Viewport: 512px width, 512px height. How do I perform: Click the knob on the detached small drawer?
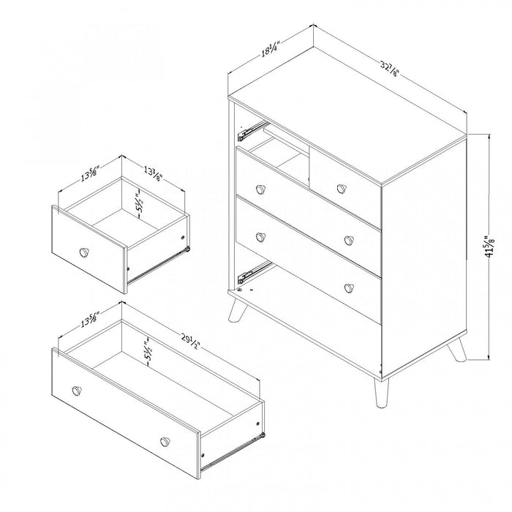[x=86, y=252]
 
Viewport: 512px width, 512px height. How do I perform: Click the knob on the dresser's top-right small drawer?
[x=341, y=188]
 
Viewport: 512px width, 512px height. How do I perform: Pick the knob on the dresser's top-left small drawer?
[x=260, y=189]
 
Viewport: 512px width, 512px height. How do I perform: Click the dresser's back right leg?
[x=457, y=351]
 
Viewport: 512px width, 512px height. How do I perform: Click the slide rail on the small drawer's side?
[x=157, y=266]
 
